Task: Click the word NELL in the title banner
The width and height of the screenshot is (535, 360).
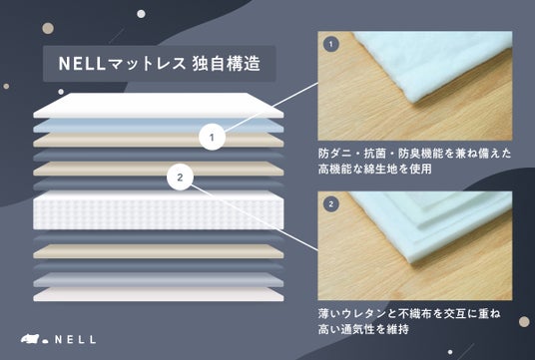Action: (81, 64)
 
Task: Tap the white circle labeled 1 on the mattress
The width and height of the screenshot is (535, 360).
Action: (212, 137)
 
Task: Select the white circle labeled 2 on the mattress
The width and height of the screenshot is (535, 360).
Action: (180, 178)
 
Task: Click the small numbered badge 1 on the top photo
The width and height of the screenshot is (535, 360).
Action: (331, 44)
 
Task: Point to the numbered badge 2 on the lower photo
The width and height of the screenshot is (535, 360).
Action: (331, 204)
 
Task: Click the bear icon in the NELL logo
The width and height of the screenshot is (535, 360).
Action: (30, 339)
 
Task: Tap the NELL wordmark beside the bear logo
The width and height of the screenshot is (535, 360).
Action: (76, 339)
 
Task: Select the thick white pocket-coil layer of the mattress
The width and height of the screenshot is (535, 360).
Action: (159, 210)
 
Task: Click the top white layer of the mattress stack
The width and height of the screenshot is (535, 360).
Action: (159, 106)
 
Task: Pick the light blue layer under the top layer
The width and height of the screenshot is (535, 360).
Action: (159, 126)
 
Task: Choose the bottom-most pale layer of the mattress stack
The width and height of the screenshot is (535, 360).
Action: (159, 294)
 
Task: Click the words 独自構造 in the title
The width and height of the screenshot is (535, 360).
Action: (227, 64)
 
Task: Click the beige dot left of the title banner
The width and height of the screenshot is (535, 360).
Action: (48, 28)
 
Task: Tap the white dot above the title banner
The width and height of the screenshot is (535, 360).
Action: (141, 14)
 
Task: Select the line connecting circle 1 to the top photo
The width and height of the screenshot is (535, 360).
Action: (270, 107)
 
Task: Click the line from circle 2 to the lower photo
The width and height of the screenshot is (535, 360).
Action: (255, 217)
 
